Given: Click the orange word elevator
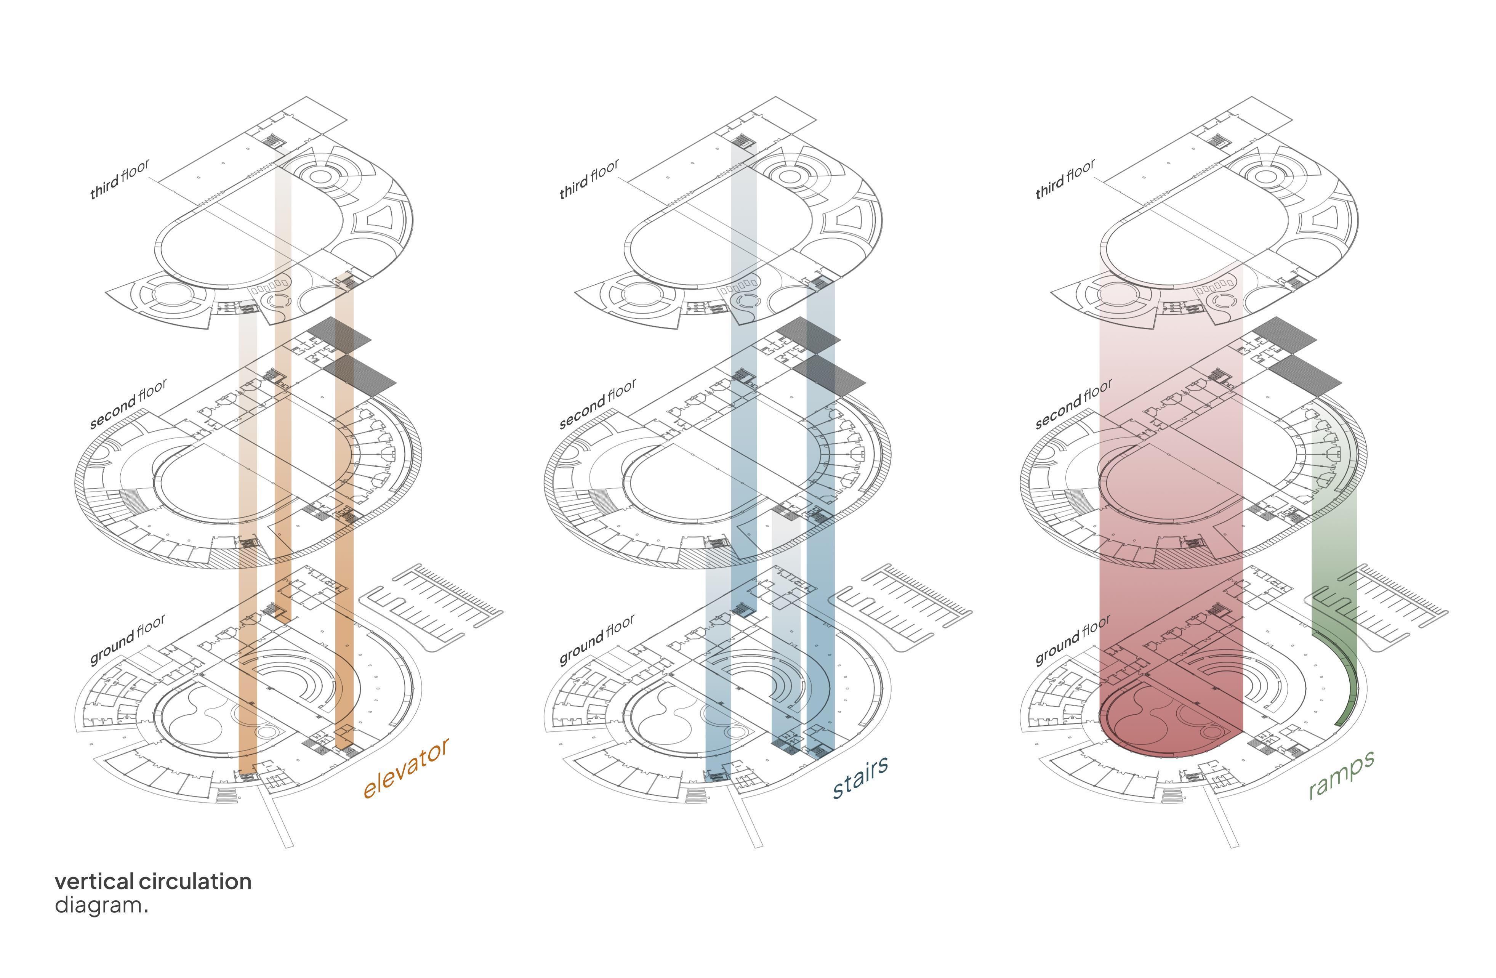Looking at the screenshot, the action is [x=406, y=768].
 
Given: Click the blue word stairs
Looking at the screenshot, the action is [x=860, y=776].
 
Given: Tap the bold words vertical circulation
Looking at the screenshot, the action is [x=153, y=881].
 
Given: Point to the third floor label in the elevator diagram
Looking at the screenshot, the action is [x=120, y=179].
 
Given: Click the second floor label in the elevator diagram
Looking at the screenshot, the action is [x=128, y=404].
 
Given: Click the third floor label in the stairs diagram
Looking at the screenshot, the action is [x=589, y=179].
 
